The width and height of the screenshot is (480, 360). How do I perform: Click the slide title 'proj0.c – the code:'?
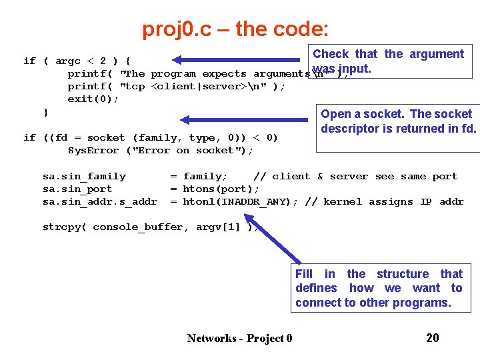tap(235, 29)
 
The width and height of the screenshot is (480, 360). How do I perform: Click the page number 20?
tap(433, 338)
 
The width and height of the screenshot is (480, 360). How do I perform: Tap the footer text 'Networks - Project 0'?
tap(239, 338)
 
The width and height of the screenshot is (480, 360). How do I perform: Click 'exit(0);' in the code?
tap(93, 99)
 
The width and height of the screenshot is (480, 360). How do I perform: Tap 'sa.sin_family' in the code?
tap(84, 176)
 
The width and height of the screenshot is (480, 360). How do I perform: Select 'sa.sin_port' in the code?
tap(77, 189)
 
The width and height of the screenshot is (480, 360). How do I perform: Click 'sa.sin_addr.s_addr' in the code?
tap(100, 201)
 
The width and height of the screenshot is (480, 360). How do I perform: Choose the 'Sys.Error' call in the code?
tap(93, 151)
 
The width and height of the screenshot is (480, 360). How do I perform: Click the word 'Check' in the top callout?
tap(331, 54)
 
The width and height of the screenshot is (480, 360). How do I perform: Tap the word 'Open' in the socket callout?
tap(336, 114)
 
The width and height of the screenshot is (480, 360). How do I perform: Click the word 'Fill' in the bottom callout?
tap(304, 274)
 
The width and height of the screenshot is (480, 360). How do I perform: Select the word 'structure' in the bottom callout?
tap(403, 274)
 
